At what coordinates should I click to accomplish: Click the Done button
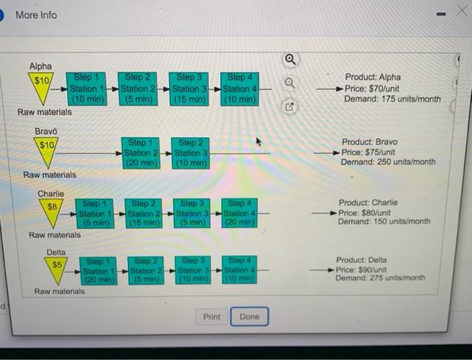[x=249, y=316]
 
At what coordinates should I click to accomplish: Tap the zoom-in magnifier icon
[x=290, y=59]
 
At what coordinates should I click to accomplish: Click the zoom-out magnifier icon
[x=290, y=82]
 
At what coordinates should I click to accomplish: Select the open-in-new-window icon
[x=289, y=107]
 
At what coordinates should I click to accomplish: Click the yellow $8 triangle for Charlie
[x=51, y=212]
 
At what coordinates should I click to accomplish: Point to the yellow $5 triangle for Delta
[x=56, y=270]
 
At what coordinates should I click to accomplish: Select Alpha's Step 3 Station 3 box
[x=189, y=89]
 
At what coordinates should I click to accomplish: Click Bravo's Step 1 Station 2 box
[x=140, y=153]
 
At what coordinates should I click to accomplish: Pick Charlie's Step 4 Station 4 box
[x=239, y=213]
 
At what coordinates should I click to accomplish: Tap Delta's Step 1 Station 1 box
[x=98, y=271]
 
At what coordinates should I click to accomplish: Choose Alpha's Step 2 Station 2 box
[x=138, y=89]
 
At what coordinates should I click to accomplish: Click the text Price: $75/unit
[x=368, y=152]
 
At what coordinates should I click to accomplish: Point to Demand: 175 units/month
[x=392, y=99]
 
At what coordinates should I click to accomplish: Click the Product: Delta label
[x=361, y=260]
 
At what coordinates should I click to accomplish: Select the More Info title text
[x=36, y=15]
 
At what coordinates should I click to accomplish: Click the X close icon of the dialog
[x=462, y=11]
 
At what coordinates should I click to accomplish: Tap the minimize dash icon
[x=441, y=14]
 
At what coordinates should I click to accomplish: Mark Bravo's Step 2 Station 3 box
[x=191, y=153]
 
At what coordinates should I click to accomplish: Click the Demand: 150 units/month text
[x=384, y=222]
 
